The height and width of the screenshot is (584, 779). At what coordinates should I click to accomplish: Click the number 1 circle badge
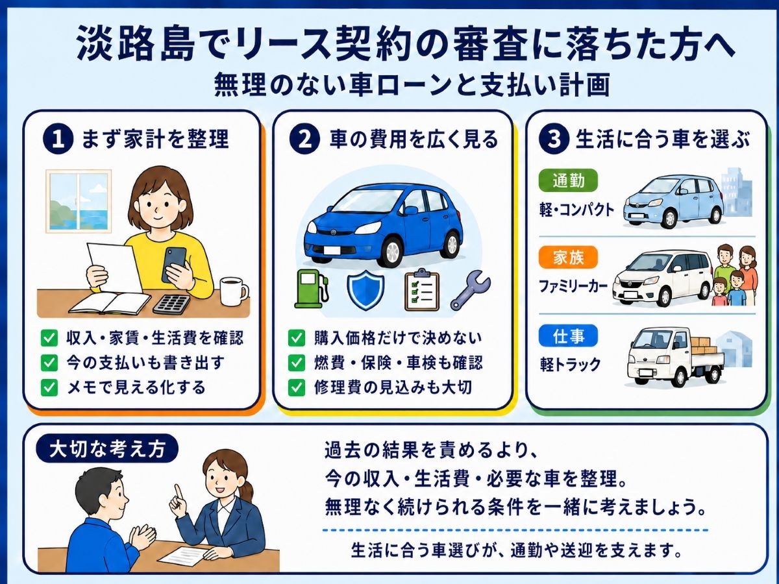(58, 139)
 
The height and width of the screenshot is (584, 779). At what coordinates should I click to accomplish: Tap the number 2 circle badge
(304, 139)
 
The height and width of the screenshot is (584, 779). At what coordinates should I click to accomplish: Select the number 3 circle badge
(554, 139)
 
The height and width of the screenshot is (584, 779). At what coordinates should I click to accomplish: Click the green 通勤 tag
(568, 181)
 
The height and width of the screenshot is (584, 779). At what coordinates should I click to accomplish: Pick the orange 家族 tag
(568, 257)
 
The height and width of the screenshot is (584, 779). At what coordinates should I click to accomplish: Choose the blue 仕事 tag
(568, 335)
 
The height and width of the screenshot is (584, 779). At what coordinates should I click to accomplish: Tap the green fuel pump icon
(311, 289)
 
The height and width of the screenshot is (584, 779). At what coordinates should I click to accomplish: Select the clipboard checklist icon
(421, 289)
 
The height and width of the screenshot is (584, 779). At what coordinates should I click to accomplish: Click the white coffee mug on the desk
(234, 291)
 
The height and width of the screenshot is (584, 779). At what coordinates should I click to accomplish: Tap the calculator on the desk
(171, 304)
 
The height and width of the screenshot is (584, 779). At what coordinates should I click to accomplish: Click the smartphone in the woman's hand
(174, 264)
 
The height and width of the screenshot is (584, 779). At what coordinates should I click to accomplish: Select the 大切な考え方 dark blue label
(107, 449)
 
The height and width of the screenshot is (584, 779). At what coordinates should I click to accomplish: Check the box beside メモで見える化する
(49, 387)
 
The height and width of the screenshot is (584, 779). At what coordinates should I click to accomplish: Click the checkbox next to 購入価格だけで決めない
(296, 338)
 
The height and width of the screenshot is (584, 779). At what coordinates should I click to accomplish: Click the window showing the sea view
(79, 201)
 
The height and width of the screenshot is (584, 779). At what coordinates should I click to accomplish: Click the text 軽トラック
(570, 364)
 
